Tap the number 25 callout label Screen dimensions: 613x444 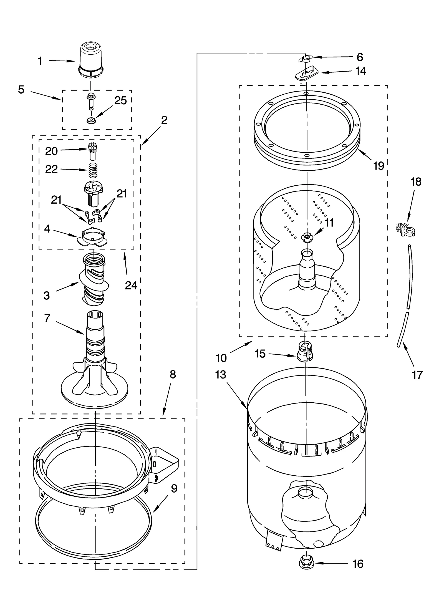click(x=120, y=100)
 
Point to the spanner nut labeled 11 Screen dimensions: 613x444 click(x=307, y=236)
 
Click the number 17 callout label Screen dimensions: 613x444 click(x=417, y=375)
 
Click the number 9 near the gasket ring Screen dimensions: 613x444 click(x=174, y=488)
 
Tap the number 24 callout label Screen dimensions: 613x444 click(x=131, y=285)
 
